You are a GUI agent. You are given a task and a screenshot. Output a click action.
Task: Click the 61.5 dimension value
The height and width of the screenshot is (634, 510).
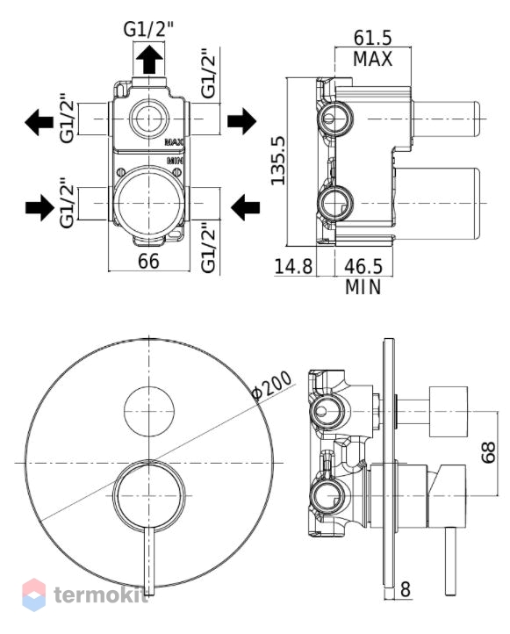(x=372, y=38)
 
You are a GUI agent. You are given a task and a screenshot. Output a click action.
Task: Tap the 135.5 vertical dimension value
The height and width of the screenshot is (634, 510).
(x=277, y=161)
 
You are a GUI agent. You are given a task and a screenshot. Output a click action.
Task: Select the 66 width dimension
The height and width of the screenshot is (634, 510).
(x=148, y=261)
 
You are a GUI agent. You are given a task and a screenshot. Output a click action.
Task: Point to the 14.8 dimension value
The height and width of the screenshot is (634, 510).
(x=293, y=267)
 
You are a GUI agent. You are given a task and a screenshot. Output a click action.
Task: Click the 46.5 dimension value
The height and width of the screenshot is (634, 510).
(x=363, y=267)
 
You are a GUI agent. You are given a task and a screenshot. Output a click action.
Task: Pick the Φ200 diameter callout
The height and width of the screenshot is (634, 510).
(x=271, y=385)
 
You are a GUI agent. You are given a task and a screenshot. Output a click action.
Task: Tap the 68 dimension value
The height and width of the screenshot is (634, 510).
(x=488, y=452)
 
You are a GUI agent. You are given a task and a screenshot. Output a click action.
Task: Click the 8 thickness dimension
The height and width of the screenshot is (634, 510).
(x=406, y=589)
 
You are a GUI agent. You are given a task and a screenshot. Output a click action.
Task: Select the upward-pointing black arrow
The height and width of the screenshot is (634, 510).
(x=149, y=59)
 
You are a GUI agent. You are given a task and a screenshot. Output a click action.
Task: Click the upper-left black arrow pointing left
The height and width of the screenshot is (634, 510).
(x=40, y=122)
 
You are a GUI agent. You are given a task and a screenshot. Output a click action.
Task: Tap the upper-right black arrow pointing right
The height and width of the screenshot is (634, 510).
(x=241, y=121)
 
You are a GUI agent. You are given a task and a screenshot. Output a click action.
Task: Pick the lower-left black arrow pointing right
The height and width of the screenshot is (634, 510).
(x=40, y=207)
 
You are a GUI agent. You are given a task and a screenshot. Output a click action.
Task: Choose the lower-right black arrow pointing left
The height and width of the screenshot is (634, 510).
(x=245, y=207)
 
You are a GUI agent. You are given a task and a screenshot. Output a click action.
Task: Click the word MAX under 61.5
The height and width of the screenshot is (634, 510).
(x=372, y=59)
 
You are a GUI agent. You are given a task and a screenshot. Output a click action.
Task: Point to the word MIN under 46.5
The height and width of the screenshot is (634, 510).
(x=363, y=287)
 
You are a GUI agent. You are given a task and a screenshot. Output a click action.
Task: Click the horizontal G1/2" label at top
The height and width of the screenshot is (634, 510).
(x=148, y=29)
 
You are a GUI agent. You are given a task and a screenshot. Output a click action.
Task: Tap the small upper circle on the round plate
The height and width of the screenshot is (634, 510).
(x=149, y=412)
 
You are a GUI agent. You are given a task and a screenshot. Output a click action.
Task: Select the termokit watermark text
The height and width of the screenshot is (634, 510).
(x=101, y=594)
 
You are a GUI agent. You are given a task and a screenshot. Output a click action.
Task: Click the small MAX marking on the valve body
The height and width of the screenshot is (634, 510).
(x=174, y=142)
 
